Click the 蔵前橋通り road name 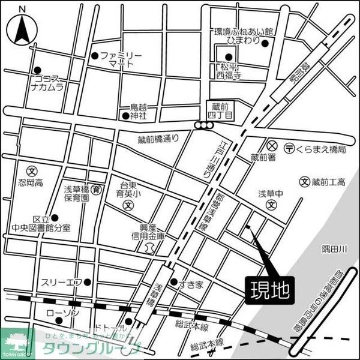click(158, 139)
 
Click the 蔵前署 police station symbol click(272, 146)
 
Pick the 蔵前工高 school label click(328, 182)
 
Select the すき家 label click(191, 283)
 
